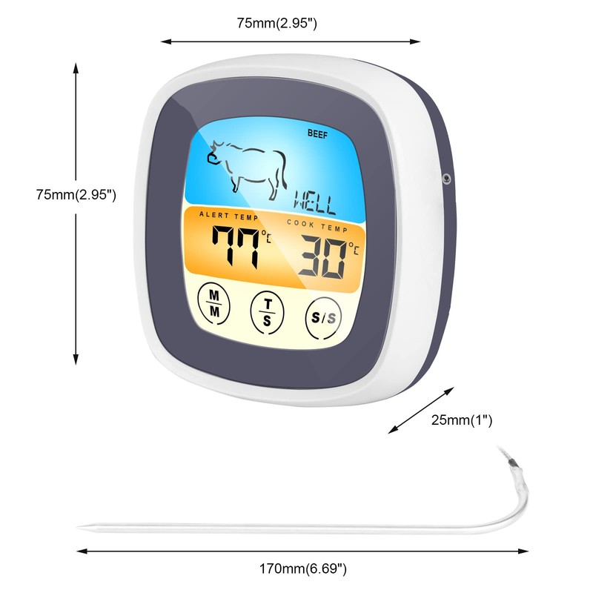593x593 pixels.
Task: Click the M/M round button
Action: pyautogui.click(x=215, y=303)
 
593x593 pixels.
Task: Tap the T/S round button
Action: pyautogui.click(x=267, y=309)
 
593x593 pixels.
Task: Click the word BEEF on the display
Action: pyautogui.click(x=317, y=134)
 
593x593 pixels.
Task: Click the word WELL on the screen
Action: pyautogui.click(x=314, y=200)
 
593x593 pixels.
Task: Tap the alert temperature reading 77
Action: pyautogui.click(x=233, y=247)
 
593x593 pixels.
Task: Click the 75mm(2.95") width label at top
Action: pyautogui.click(x=277, y=23)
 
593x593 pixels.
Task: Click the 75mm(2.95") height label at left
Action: pyautogui.click(x=76, y=195)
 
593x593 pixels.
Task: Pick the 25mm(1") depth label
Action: pyautogui.click(x=462, y=420)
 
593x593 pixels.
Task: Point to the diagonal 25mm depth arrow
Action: pyautogui.click(x=421, y=408)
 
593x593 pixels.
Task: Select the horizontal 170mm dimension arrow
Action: pyautogui.click(x=303, y=551)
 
